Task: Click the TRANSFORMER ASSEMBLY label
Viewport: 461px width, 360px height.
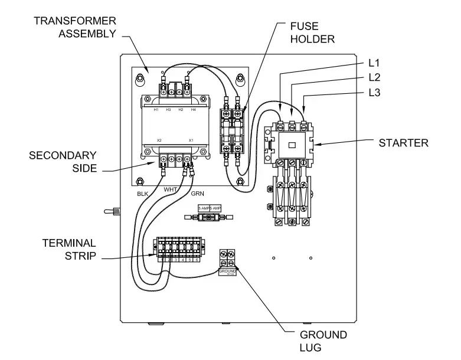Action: coord(74,27)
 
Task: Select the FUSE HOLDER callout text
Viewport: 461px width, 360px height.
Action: coord(312,32)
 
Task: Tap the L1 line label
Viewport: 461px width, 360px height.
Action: coord(374,62)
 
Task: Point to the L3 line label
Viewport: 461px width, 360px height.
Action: coord(374,93)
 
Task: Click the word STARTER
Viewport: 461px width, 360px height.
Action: coord(403,143)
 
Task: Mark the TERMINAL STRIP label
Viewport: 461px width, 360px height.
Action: coord(68,250)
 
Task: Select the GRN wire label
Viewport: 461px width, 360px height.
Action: coord(198,192)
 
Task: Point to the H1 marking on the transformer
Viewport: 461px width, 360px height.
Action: coord(156,110)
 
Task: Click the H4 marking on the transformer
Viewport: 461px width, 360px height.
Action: coord(193,110)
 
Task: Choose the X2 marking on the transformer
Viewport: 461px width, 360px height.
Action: coord(159,140)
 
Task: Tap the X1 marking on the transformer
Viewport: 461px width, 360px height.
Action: coord(191,140)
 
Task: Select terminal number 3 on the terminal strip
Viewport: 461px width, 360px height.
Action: coord(176,260)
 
